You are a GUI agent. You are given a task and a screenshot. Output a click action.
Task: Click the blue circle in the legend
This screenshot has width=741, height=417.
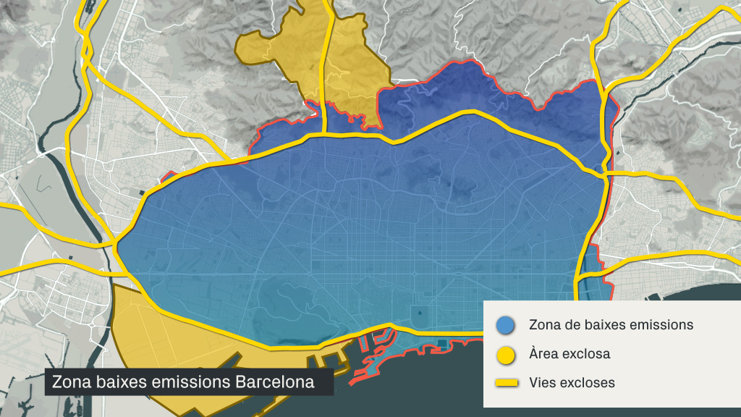point(505,325)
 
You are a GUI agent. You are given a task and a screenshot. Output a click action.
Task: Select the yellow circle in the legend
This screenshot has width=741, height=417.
point(505,355)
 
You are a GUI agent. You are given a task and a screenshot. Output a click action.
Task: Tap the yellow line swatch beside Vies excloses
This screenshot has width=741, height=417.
point(505,382)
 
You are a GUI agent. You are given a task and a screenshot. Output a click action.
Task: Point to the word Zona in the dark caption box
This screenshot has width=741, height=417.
point(69,382)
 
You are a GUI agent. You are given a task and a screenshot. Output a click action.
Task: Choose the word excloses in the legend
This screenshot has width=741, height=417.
point(588,382)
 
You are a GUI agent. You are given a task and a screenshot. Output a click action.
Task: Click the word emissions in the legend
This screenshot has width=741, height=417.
point(661,324)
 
